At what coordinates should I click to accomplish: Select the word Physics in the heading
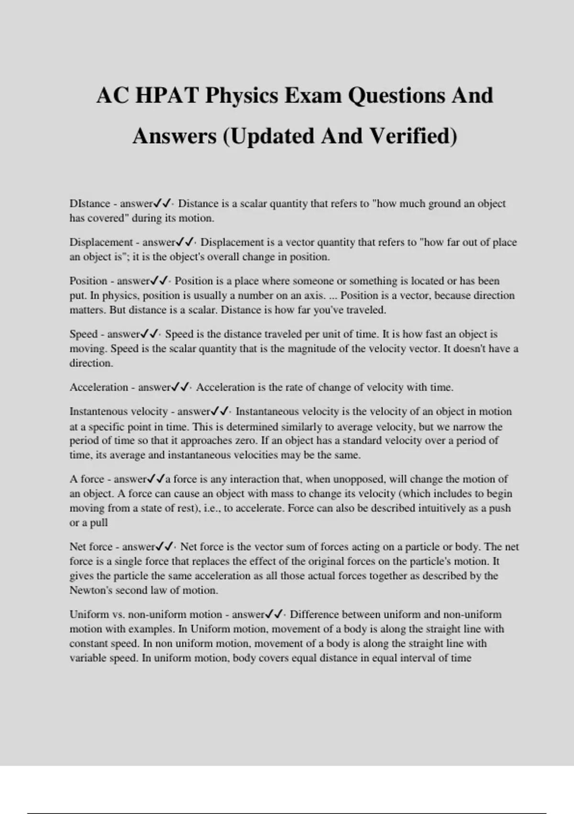(242, 95)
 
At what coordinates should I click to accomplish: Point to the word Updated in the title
(271, 136)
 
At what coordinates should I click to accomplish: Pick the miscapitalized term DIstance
(90, 203)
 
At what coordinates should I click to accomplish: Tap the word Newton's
(89, 590)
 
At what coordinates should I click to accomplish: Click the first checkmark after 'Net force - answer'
(161, 546)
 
